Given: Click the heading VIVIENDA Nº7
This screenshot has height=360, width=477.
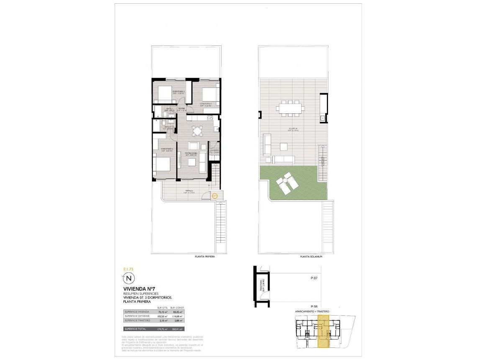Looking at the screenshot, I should point(136,289).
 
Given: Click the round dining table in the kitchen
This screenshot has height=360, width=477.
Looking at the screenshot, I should point(197,131).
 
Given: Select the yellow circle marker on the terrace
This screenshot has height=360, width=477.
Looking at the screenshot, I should point(214,195).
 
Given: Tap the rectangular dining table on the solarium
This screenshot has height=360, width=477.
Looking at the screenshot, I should point(290,108).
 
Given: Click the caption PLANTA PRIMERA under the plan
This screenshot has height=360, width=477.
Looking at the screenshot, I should point(205,257).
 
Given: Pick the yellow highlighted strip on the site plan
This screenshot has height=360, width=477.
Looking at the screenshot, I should point(323,331).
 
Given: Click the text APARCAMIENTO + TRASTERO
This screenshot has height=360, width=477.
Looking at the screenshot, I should point(312,312).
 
